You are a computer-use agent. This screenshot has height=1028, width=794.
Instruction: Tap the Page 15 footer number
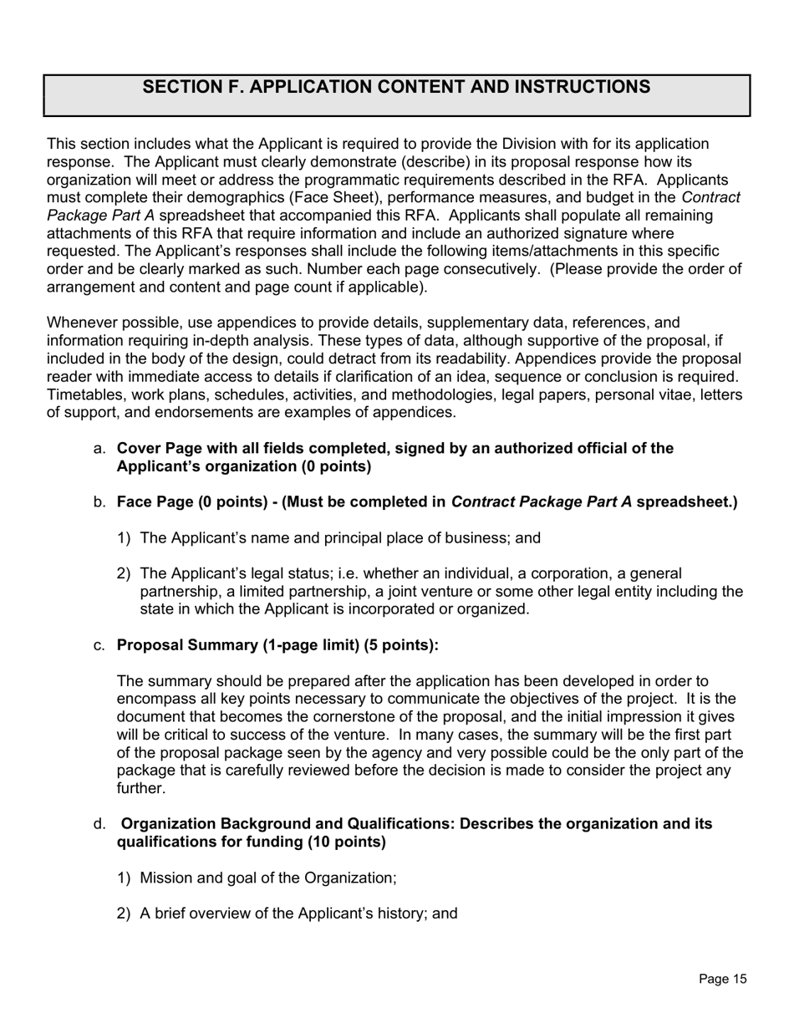[722, 980]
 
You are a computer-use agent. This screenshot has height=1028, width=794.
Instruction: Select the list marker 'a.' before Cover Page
[99, 449]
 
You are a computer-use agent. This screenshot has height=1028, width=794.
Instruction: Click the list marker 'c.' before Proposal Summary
[99, 645]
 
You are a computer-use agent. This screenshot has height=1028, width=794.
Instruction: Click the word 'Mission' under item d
[165, 878]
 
